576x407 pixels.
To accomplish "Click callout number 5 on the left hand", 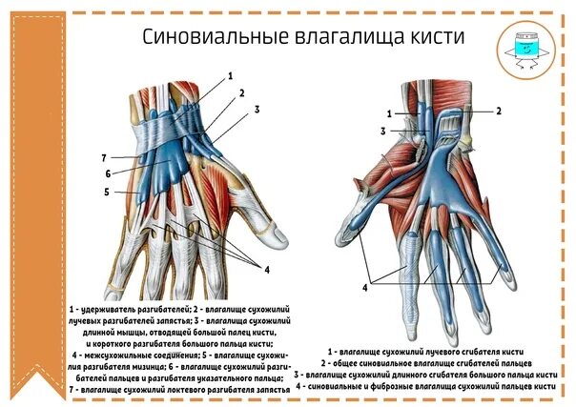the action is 107,192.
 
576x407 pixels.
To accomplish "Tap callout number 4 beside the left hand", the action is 267,270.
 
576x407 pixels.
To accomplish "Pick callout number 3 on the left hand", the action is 256,110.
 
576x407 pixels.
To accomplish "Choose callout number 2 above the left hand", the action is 242,93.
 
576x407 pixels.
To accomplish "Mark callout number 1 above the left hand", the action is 230,75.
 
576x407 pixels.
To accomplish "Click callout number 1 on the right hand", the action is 389,113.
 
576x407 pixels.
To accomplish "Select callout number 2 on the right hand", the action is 498,112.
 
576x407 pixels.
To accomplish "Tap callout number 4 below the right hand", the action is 364,287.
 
